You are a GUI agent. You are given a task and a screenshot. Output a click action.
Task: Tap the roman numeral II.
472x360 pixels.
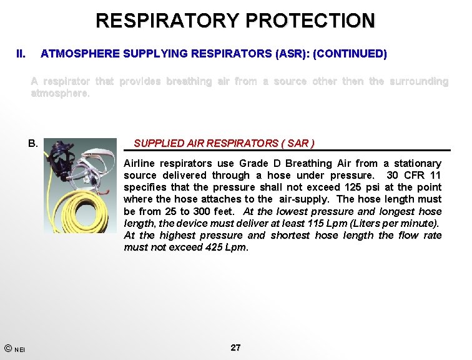coord(21,54)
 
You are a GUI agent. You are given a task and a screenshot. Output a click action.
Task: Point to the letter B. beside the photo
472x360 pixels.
coord(33,143)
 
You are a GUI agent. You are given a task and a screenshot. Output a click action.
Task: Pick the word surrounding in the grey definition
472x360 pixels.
coord(418,81)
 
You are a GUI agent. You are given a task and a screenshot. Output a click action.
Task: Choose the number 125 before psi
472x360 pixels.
coord(352,187)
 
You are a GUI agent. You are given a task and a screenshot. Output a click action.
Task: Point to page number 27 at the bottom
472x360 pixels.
coord(235,347)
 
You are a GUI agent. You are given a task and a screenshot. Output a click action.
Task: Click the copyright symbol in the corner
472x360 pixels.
coord(7,348)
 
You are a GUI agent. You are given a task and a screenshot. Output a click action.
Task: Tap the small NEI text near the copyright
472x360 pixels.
coord(20,349)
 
